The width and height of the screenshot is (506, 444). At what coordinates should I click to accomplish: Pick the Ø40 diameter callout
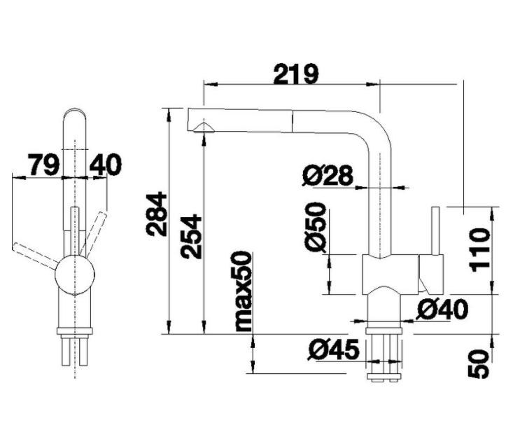coord(442,309)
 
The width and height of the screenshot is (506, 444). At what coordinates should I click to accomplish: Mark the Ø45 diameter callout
coord(331,348)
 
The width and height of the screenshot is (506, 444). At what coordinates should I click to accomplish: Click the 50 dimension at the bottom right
coord(479,364)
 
